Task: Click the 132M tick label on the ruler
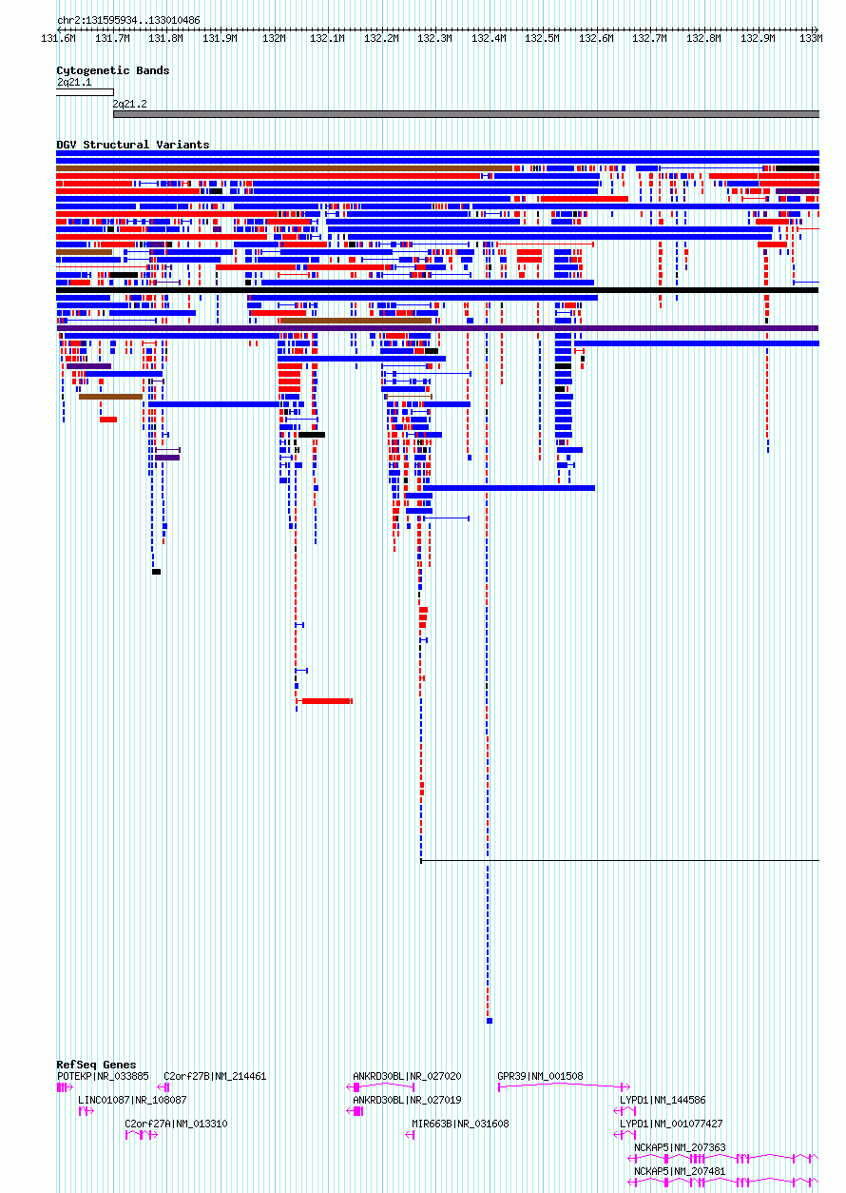(274, 38)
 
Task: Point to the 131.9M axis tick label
(220, 38)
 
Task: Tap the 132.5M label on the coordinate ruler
(542, 38)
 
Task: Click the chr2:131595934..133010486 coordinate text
(128, 20)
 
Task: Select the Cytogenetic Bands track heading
(113, 70)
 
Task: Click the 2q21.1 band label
(74, 82)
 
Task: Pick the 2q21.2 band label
(130, 104)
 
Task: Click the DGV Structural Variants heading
(133, 145)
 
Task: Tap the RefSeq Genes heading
(96, 1065)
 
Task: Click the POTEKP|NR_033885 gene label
(104, 1076)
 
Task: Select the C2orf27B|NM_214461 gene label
(215, 1076)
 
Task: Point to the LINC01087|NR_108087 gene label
(132, 1100)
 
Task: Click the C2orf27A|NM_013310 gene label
(176, 1124)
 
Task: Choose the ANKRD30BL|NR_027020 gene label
(407, 1076)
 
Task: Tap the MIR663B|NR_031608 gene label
(460, 1124)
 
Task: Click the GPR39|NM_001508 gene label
(540, 1076)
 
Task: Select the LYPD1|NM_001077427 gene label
(671, 1124)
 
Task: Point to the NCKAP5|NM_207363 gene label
(680, 1147)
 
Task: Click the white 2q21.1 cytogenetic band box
(85, 92)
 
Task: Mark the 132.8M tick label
(703, 38)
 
